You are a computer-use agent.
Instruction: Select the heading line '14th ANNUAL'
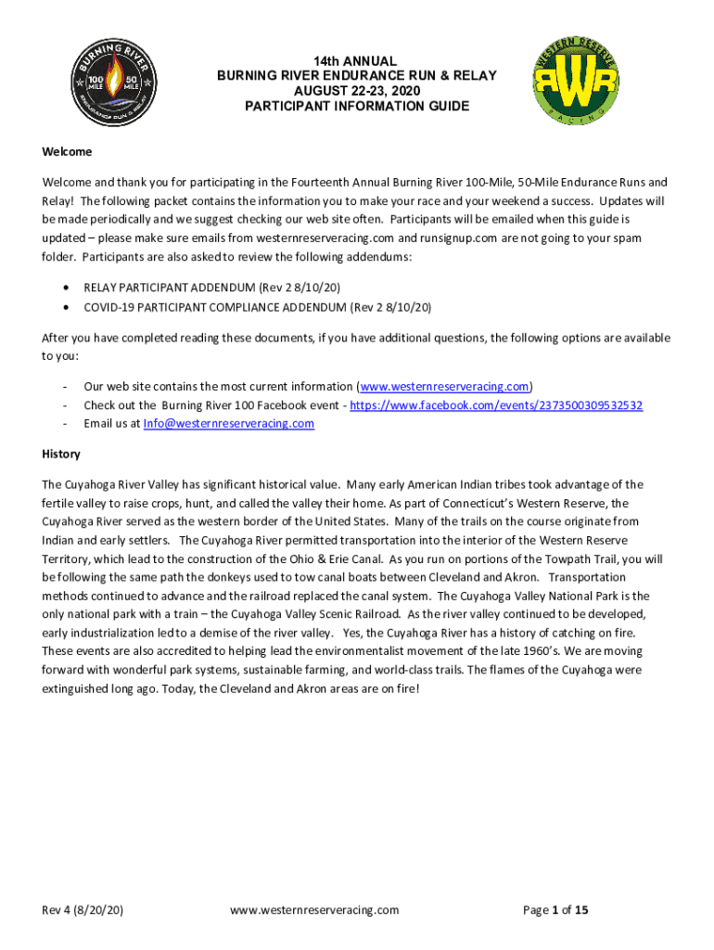[x=357, y=60]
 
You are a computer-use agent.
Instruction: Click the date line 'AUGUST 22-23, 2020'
[x=357, y=91]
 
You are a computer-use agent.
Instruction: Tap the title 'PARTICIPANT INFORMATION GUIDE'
[x=357, y=107]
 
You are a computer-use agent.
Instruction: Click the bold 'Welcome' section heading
[x=67, y=151]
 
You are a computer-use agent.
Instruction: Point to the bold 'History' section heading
[x=61, y=454]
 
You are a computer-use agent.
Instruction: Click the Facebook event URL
[x=496, y=404]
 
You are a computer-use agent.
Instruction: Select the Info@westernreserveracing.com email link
[x=228, y=423]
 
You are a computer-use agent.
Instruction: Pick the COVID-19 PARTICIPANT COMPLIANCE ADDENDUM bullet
[x=257, y=306]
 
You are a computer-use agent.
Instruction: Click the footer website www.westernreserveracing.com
[x=314, y=910]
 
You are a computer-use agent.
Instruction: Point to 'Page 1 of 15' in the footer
[x=555, y=910]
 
